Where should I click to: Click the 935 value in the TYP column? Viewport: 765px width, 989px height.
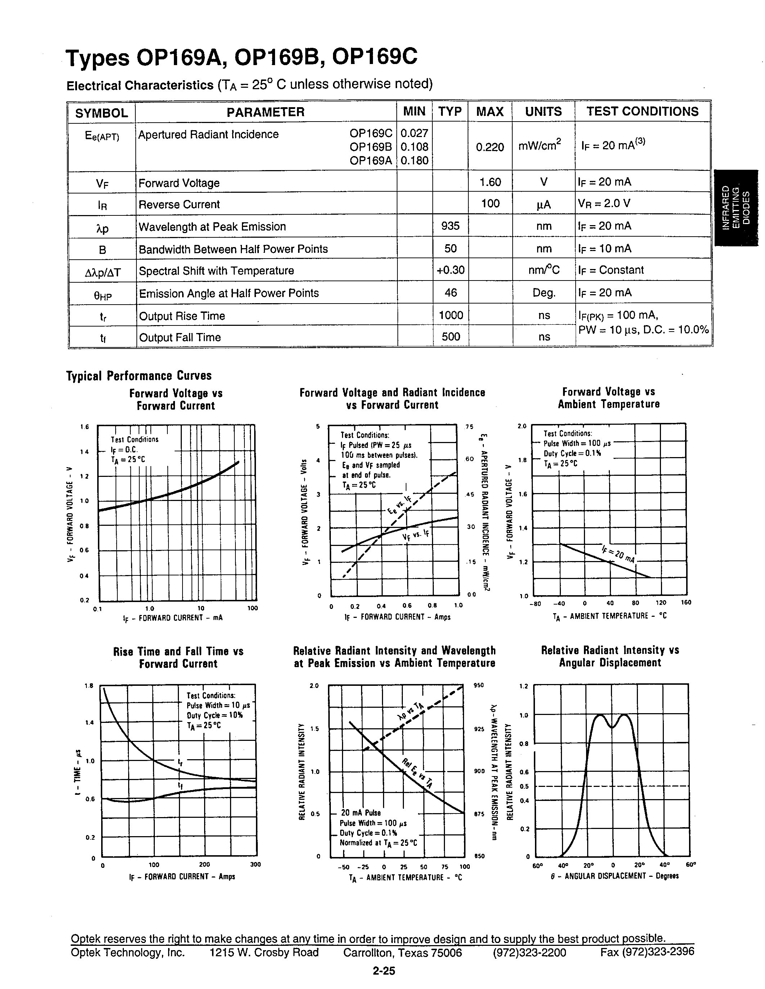click(x=450, y=226)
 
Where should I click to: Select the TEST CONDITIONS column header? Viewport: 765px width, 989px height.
click(x=642, y=112)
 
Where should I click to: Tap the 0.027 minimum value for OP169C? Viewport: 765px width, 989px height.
click(x=414, y=133)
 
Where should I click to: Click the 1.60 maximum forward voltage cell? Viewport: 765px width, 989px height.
click(x=490, y=182)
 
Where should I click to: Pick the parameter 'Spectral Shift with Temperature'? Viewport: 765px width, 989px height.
click(x=216, y=271)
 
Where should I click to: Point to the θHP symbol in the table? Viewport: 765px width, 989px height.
click(x=103, y=295)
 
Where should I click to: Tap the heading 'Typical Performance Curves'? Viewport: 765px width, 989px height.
click(x=139, y=376)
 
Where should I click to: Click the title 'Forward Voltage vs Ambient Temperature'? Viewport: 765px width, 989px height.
click(x=608, y=398)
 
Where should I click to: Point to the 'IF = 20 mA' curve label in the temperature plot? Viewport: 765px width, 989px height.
click(x=618, y=553)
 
